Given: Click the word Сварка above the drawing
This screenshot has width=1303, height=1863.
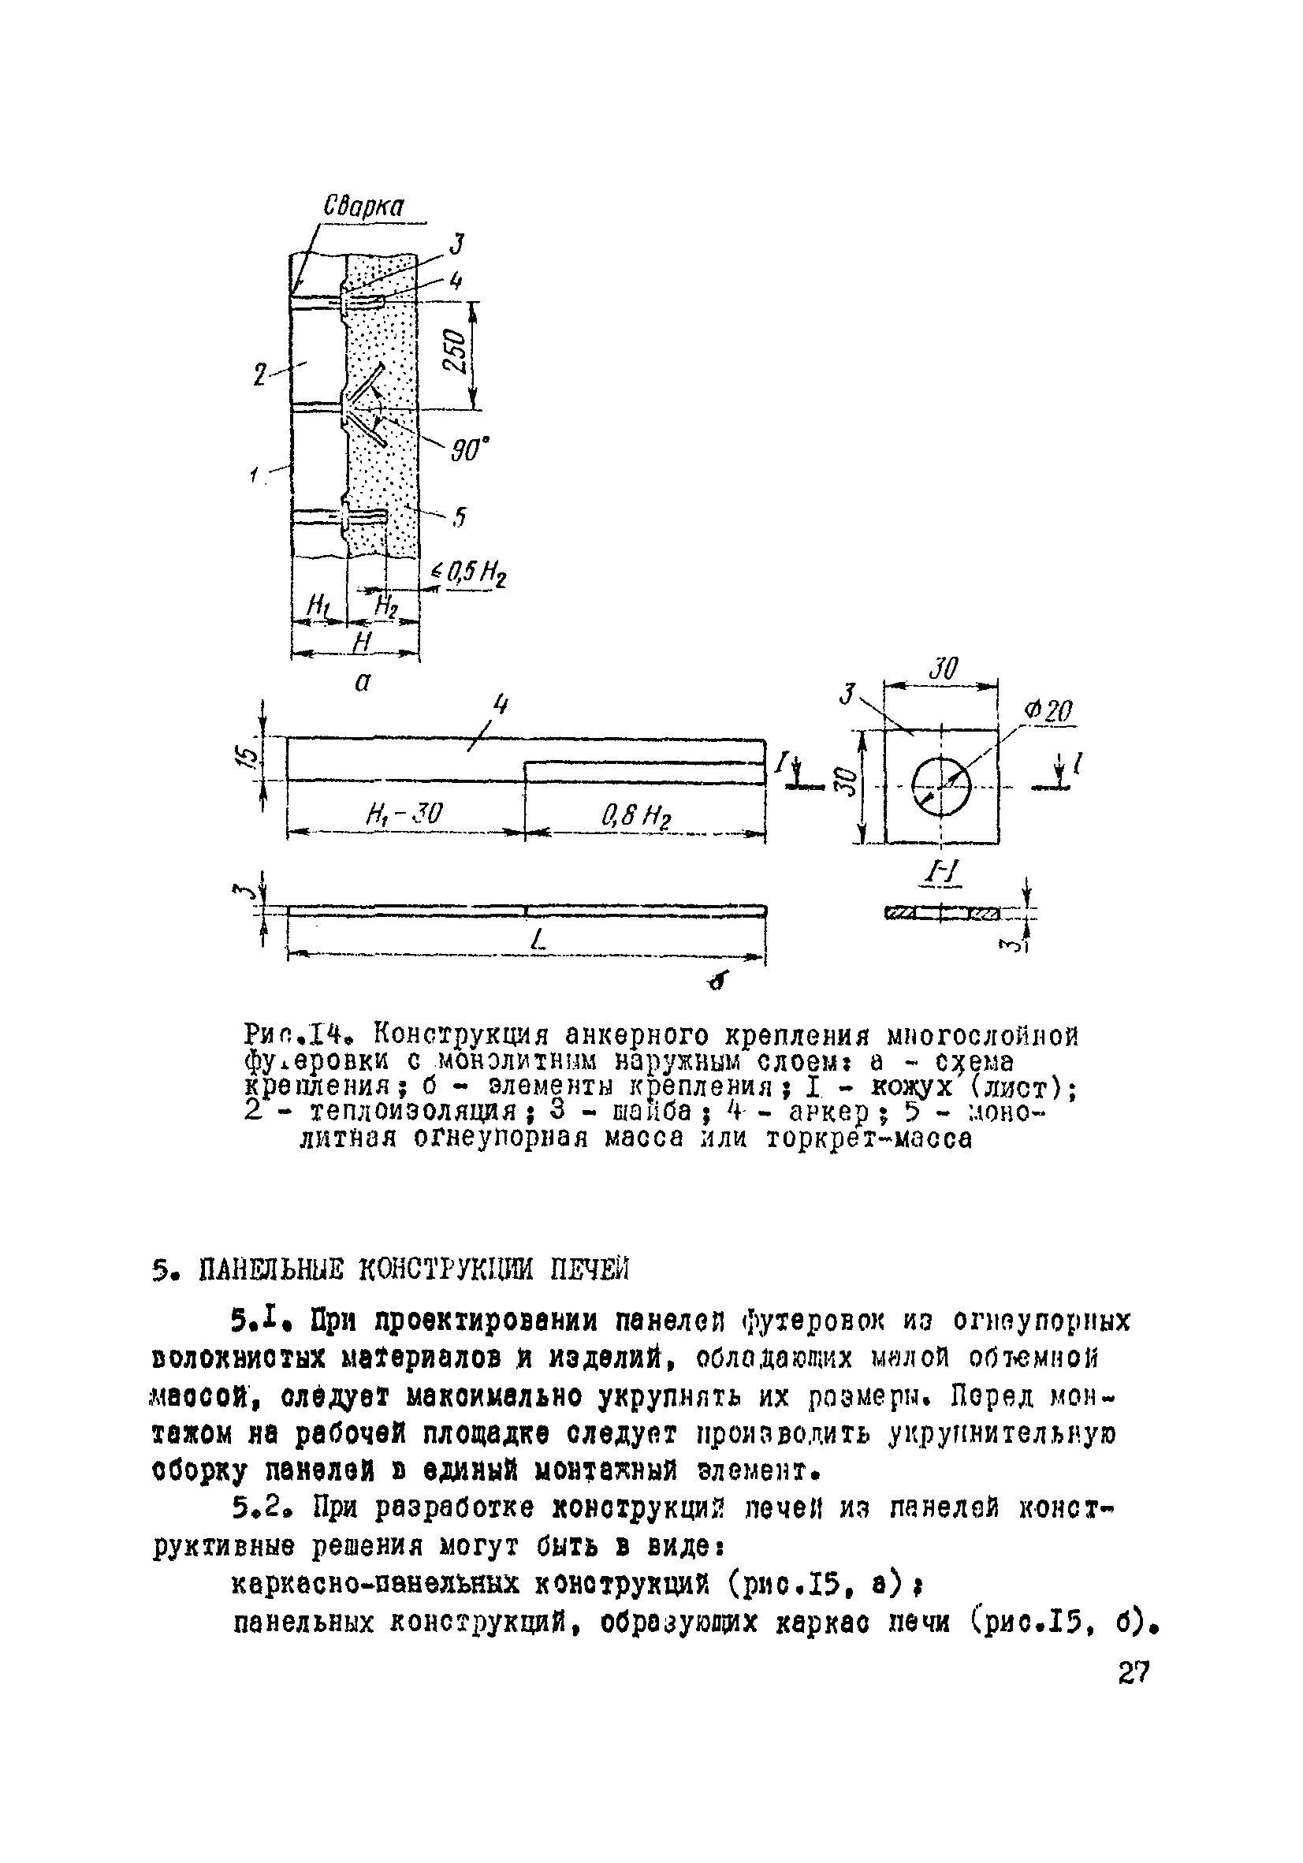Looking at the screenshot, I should coord(363,206).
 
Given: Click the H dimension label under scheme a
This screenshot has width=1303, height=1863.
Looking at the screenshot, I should coord(361,643).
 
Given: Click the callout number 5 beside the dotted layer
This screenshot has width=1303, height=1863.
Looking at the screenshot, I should coord(460,516).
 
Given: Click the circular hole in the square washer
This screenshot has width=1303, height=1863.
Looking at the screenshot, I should coord(940,786).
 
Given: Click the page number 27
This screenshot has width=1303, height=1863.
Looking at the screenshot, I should coord(1133,1673).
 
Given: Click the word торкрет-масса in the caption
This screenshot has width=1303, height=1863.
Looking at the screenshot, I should coord(868,1139).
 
